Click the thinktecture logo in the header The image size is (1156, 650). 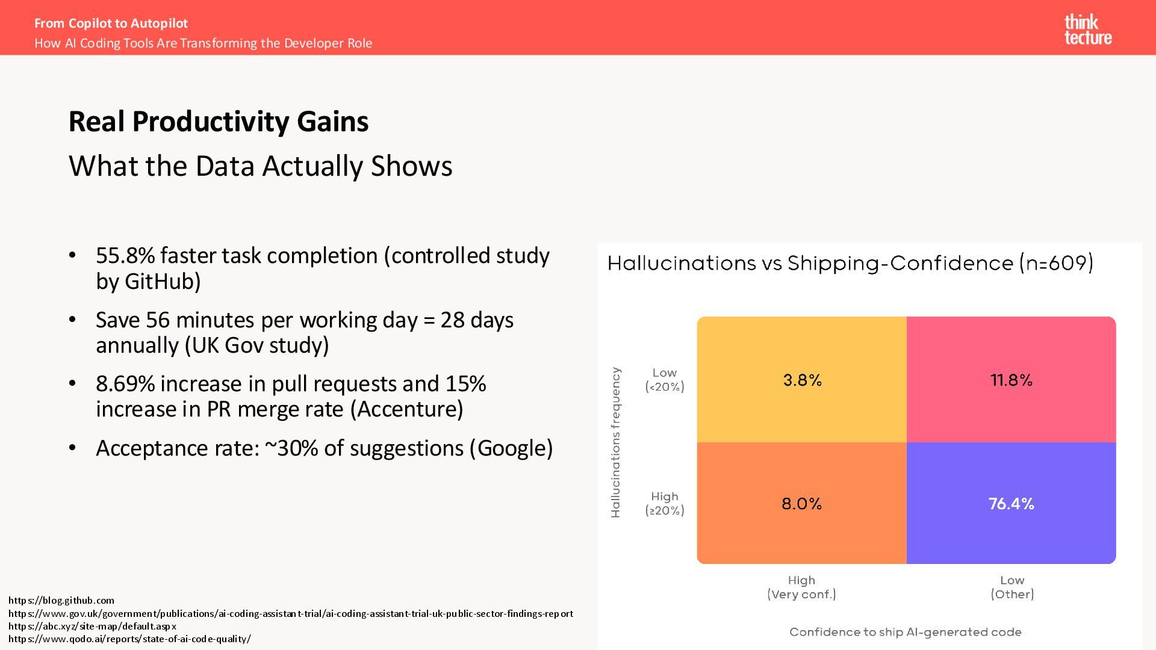point(1087,29)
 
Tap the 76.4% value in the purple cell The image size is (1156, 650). point(1011,504)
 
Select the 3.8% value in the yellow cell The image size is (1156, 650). point(802,380)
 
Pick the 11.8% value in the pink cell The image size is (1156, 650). point(1011,380)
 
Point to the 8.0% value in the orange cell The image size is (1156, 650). point(801,504)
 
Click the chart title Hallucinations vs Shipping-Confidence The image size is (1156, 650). point(850,264)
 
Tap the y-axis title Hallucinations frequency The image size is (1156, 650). point(615,442)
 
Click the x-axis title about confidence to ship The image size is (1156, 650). point(905,632)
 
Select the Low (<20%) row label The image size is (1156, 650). point(665,380)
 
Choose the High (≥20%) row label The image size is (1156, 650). point(665,503)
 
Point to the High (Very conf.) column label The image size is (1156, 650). point(801,587)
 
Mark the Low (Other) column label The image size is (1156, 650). point(1012,587)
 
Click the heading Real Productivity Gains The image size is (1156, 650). point(219,122)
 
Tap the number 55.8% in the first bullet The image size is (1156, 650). point(125,256)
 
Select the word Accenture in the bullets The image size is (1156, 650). point(406,409)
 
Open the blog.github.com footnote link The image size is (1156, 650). point(61,600)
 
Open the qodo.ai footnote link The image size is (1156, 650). point(129,639)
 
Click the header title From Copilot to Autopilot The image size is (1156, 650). point(111,23)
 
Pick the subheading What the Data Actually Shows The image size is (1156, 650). point(260,166)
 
